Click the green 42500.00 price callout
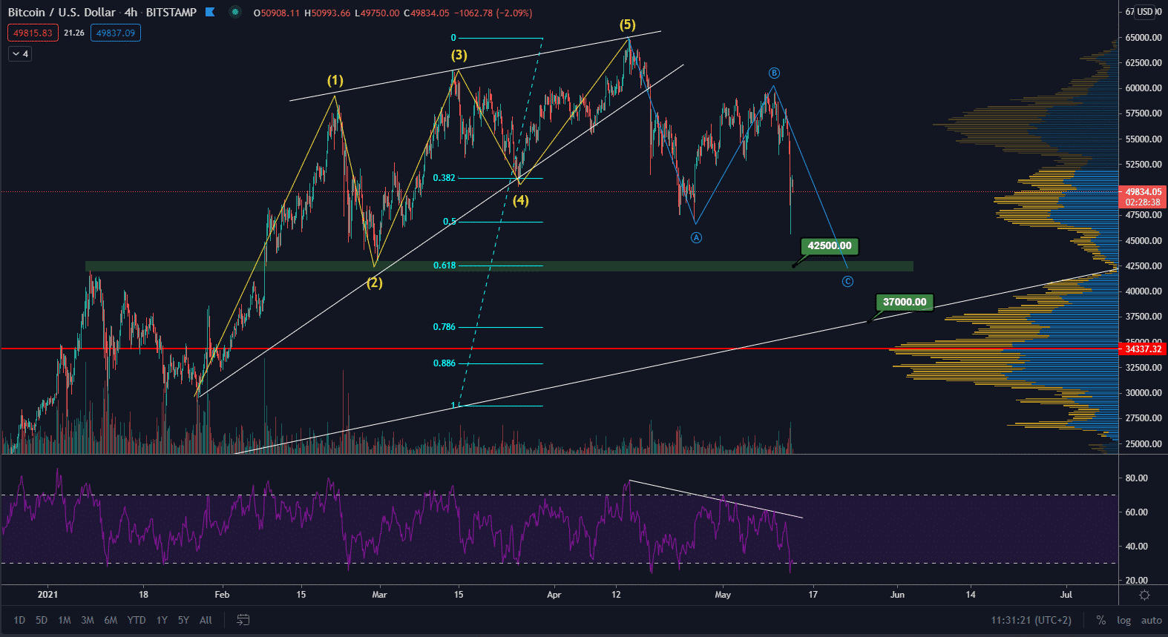point(829,245)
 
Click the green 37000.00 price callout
point(904,302)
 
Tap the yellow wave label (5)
point(628,24)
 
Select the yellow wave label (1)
point(335,80)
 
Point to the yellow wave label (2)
point(375,283)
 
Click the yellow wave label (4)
point(521,200)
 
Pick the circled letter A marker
point(696,237)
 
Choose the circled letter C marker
point(847,281)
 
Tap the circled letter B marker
point(774,73)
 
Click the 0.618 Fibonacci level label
point(444,265)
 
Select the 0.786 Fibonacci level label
point(444,327)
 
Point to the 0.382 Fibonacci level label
point(444,178)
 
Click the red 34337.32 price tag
point(1143,349)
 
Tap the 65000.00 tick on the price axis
point(1143,38)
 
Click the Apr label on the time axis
point(554,595)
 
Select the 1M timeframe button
point(65,620)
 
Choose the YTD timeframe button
point(137,620)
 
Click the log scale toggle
point(1123,621)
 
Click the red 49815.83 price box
point(33,33)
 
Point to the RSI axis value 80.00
point(1136,478)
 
